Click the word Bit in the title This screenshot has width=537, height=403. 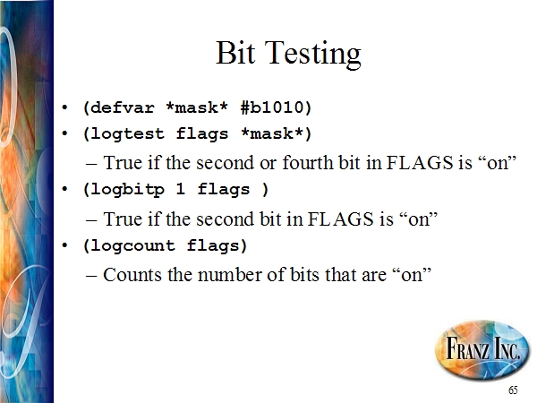click(235, 53)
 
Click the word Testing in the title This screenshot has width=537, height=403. click(312, 55)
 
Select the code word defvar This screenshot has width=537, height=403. click(123, 107)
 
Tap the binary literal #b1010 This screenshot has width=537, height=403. click(272, 107)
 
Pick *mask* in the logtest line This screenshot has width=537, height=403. click(272, 133)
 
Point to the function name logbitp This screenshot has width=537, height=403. click(128, 189)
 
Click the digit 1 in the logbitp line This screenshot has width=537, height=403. click(181, 189)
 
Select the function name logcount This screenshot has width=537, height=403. click(132, 245)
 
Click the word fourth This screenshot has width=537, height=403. click(308, 162)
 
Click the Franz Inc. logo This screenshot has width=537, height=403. click(482, 349)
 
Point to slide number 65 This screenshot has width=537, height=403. click(513, 390)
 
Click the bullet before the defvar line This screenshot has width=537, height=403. click(64, 108)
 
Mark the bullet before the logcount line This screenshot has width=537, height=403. click(64, 245)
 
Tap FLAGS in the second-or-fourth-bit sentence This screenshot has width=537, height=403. click(421, 162)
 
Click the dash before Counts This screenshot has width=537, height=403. click(92, 276)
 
